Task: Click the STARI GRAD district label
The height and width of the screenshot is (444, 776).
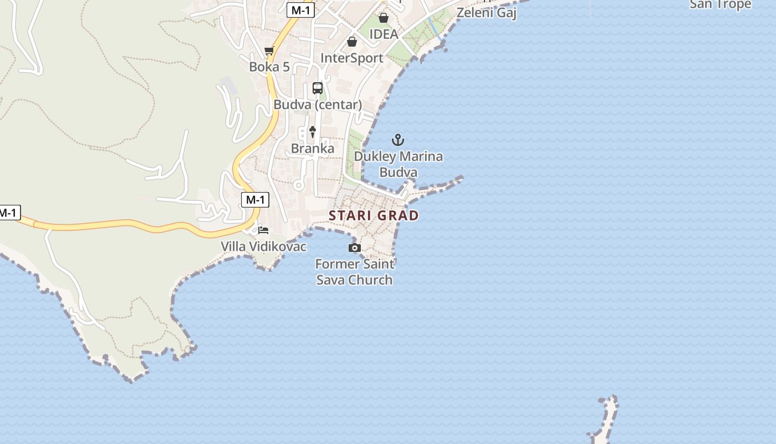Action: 374,215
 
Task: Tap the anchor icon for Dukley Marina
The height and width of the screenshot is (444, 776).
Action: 398,139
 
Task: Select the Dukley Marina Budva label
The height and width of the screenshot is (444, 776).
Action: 399,164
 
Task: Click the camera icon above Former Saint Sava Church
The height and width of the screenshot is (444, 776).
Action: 355,248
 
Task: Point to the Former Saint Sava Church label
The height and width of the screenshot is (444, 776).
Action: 355,272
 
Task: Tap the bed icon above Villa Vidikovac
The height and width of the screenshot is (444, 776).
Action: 263,230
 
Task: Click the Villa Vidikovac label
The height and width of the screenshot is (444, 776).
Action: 263,246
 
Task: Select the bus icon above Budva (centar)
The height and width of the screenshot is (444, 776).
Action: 318,88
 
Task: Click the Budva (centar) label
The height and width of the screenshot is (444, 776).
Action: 318,104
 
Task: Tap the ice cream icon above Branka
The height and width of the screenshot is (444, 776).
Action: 313,132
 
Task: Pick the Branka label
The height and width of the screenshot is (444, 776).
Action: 313,148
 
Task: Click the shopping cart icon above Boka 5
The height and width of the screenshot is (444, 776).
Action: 269,51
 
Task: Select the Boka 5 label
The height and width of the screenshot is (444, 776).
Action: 269,67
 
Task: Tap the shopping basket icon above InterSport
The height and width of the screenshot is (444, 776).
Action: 352,42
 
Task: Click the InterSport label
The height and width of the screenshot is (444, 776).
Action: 352,58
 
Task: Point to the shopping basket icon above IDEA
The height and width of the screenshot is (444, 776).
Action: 383,18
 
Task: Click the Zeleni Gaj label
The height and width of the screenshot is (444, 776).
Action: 487,12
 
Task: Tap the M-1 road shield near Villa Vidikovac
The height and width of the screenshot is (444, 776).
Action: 255,200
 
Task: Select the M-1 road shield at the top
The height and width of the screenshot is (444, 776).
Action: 300,9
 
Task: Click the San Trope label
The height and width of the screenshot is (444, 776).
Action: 720,4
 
